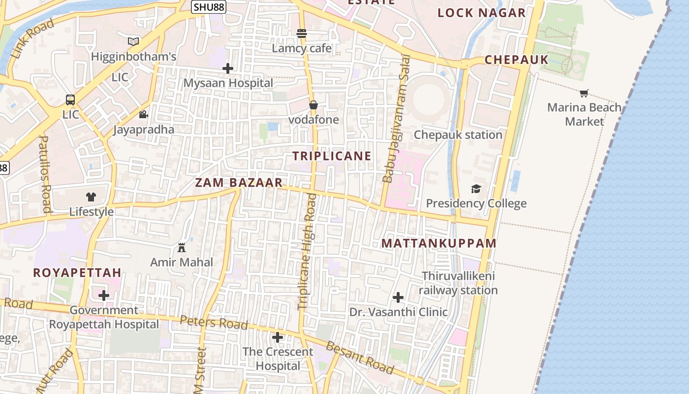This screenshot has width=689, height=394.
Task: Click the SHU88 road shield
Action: tap(209, 7)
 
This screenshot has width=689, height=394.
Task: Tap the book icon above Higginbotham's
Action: tap(133, 41)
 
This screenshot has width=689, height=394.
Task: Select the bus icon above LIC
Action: tap(70, 100)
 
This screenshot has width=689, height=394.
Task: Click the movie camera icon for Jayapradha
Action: tap(143, 115)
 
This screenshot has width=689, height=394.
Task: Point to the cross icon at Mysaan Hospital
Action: tap(227, 68)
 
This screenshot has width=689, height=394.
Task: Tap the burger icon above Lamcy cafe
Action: tap(302, 33)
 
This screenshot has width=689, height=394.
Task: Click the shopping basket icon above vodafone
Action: tap(313, 105)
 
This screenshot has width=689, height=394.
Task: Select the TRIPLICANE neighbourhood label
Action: tap(332, 156)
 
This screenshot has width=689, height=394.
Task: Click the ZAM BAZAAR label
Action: tap(239, 183)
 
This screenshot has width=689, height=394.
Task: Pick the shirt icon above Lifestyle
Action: tap(91, 197)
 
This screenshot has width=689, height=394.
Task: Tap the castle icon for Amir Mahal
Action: tap(182, 247)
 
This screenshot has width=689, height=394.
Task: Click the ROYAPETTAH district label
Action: tap(77, 273)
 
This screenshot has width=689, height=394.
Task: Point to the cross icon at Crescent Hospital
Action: tap(278, 337)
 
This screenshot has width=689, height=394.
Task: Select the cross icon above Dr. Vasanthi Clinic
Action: tap(398, 297)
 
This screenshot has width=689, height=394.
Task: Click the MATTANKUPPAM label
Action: tap(439, 243)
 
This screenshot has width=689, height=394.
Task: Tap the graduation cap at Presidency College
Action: tap(476, 189)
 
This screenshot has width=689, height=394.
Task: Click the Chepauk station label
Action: tap(458, 135)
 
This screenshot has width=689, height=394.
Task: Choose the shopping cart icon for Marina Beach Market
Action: tap(584, 93)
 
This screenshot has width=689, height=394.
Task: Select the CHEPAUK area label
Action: tap(516, 60)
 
